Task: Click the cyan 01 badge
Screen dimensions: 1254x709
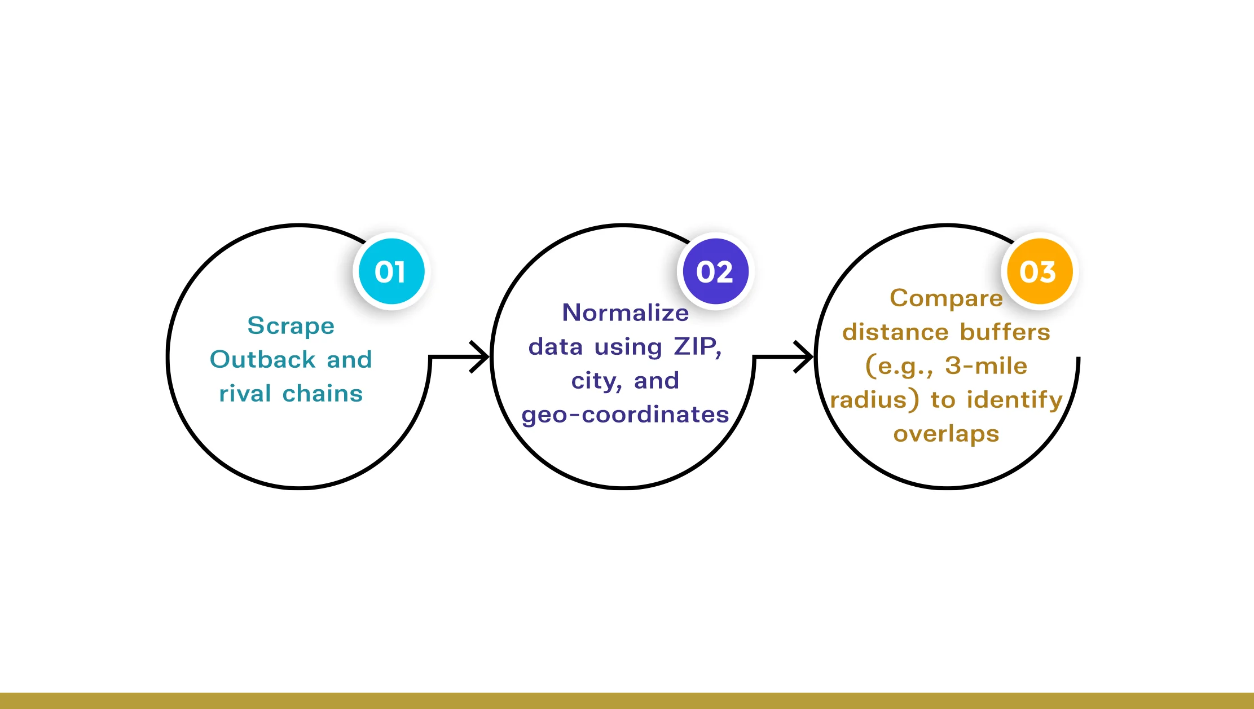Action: click(391, 271)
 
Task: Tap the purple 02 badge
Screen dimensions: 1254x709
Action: click(715, 271)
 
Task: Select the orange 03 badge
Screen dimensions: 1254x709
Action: click(1040, 271)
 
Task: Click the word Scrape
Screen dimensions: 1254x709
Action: click(291, 327)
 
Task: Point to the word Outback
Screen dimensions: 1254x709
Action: click(262, 359)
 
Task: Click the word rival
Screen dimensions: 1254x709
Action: click(245, 393)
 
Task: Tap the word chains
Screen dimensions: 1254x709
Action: click(323, 393)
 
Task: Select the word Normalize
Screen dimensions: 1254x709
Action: click(626, 312)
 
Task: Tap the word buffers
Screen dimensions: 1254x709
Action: click(1005, 332)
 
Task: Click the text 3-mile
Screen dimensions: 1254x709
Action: click(986, 366)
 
